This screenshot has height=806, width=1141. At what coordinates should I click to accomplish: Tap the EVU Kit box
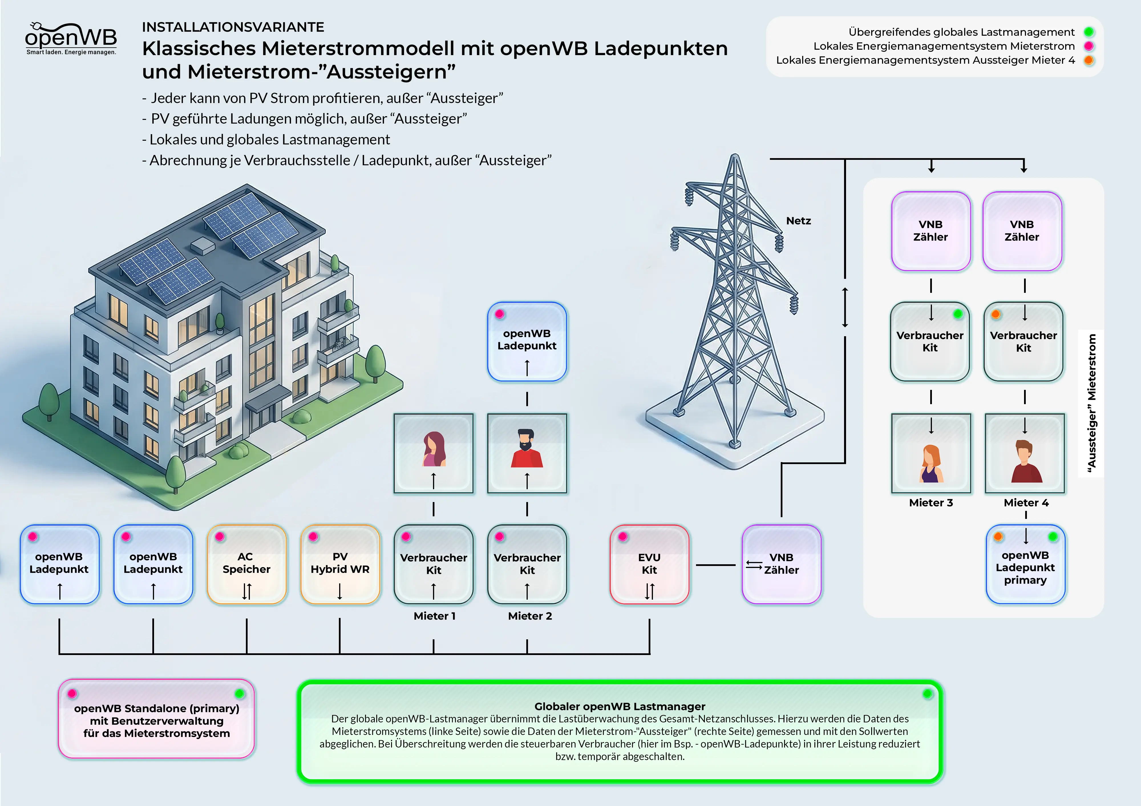pyautogui.click(x=649, y=564)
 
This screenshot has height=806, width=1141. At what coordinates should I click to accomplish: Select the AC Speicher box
pyautogui.click(x=246, y=564)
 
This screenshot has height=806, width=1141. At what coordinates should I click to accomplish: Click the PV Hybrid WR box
pyautogui.click(x=340, y=564)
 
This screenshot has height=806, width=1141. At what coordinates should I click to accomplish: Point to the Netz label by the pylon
pyautogui.click(x=798, y=221)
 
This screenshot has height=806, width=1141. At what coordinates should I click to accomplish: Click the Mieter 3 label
pyautogui.click(x=931, y=503)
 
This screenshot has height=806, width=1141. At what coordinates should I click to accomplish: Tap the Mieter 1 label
pyautogui.click(x=434, y=616)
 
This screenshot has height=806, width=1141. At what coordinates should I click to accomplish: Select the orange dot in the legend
pyautogui.click(x=1089, y=60)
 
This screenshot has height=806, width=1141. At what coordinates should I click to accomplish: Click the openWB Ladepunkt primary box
pyautogui.click(x=1025, y=564)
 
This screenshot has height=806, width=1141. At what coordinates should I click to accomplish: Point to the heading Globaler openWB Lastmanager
pyautogui.click(x=619, y=706)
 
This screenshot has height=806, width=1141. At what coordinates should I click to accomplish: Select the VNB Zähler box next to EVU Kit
pyautogui.click(x=781, y=564)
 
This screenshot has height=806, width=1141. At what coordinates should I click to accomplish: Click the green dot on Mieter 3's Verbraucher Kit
pyautogui.click(x=958, y=314)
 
